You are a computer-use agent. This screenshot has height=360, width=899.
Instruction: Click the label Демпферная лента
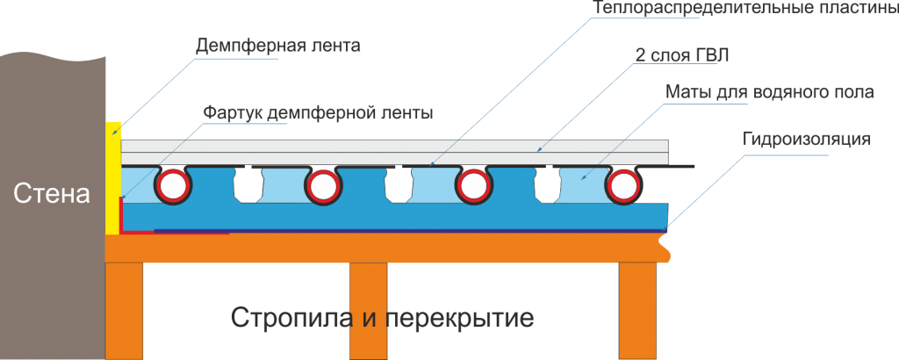pyautogui.click(x=278, y=45)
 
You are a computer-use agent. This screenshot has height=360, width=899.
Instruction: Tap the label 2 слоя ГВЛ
pyautogui.click(x=682, y=55)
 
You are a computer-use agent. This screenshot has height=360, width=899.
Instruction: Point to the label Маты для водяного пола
pyautogui.click(x=768, y=92)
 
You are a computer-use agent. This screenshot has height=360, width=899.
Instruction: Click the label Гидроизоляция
pyautogui.click(x=806, y=139)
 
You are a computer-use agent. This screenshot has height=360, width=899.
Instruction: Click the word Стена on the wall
pyautogui.click(x=52, y=195)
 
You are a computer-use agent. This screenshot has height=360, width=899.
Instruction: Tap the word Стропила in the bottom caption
pyautogui.click(x=292, y=317)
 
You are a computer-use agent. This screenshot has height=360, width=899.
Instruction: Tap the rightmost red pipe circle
pyautogui.click(x=623, y=186)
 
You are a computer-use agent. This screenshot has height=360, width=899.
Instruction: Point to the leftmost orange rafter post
pyautogui.click(x=124, y=307)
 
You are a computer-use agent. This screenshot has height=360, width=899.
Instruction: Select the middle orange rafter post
pyautogui.click(x=368, y=307)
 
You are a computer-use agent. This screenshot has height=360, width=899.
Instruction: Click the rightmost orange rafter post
pyautogui.click(x=637, y=307)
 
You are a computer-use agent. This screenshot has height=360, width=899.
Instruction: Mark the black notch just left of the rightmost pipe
pyautogui.click(x=549, y=184)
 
